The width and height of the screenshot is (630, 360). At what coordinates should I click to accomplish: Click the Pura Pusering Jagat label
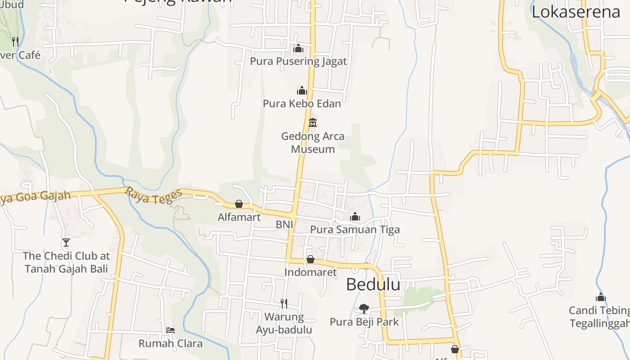pos(298,61)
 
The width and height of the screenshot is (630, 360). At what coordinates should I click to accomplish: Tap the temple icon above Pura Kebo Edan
pos(301,91)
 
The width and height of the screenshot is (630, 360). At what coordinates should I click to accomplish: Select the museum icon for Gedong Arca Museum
pos(312,122)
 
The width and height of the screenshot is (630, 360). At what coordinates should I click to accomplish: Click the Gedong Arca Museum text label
pos(313,142)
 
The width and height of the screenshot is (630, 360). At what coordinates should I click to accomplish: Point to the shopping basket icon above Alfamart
pos(239,204)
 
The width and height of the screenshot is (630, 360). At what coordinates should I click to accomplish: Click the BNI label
pos(284,224)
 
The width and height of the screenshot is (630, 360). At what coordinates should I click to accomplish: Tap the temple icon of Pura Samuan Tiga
pos(355,217)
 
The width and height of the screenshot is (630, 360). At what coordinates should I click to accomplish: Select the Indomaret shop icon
pos(310,259)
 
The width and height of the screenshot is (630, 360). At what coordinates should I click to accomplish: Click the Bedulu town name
pos(373,284)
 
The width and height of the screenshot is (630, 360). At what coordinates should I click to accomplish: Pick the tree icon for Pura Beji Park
pos(364,309)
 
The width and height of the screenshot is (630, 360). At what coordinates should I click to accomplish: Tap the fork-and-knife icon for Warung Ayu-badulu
pos(283,304)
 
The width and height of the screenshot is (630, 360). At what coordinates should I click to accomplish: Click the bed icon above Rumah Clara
pos(170,330)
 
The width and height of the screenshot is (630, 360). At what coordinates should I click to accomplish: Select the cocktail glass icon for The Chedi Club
pos(66,243)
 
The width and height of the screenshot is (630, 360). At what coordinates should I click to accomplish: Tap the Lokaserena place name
pos(576,12)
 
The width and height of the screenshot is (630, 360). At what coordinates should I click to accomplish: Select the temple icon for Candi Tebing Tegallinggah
pos(600,297)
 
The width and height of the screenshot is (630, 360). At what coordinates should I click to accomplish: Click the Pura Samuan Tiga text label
pos(355,229)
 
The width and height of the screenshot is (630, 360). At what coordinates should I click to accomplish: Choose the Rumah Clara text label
pos(170,343)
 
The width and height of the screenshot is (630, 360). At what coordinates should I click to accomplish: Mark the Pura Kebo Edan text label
pos(301,103)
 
